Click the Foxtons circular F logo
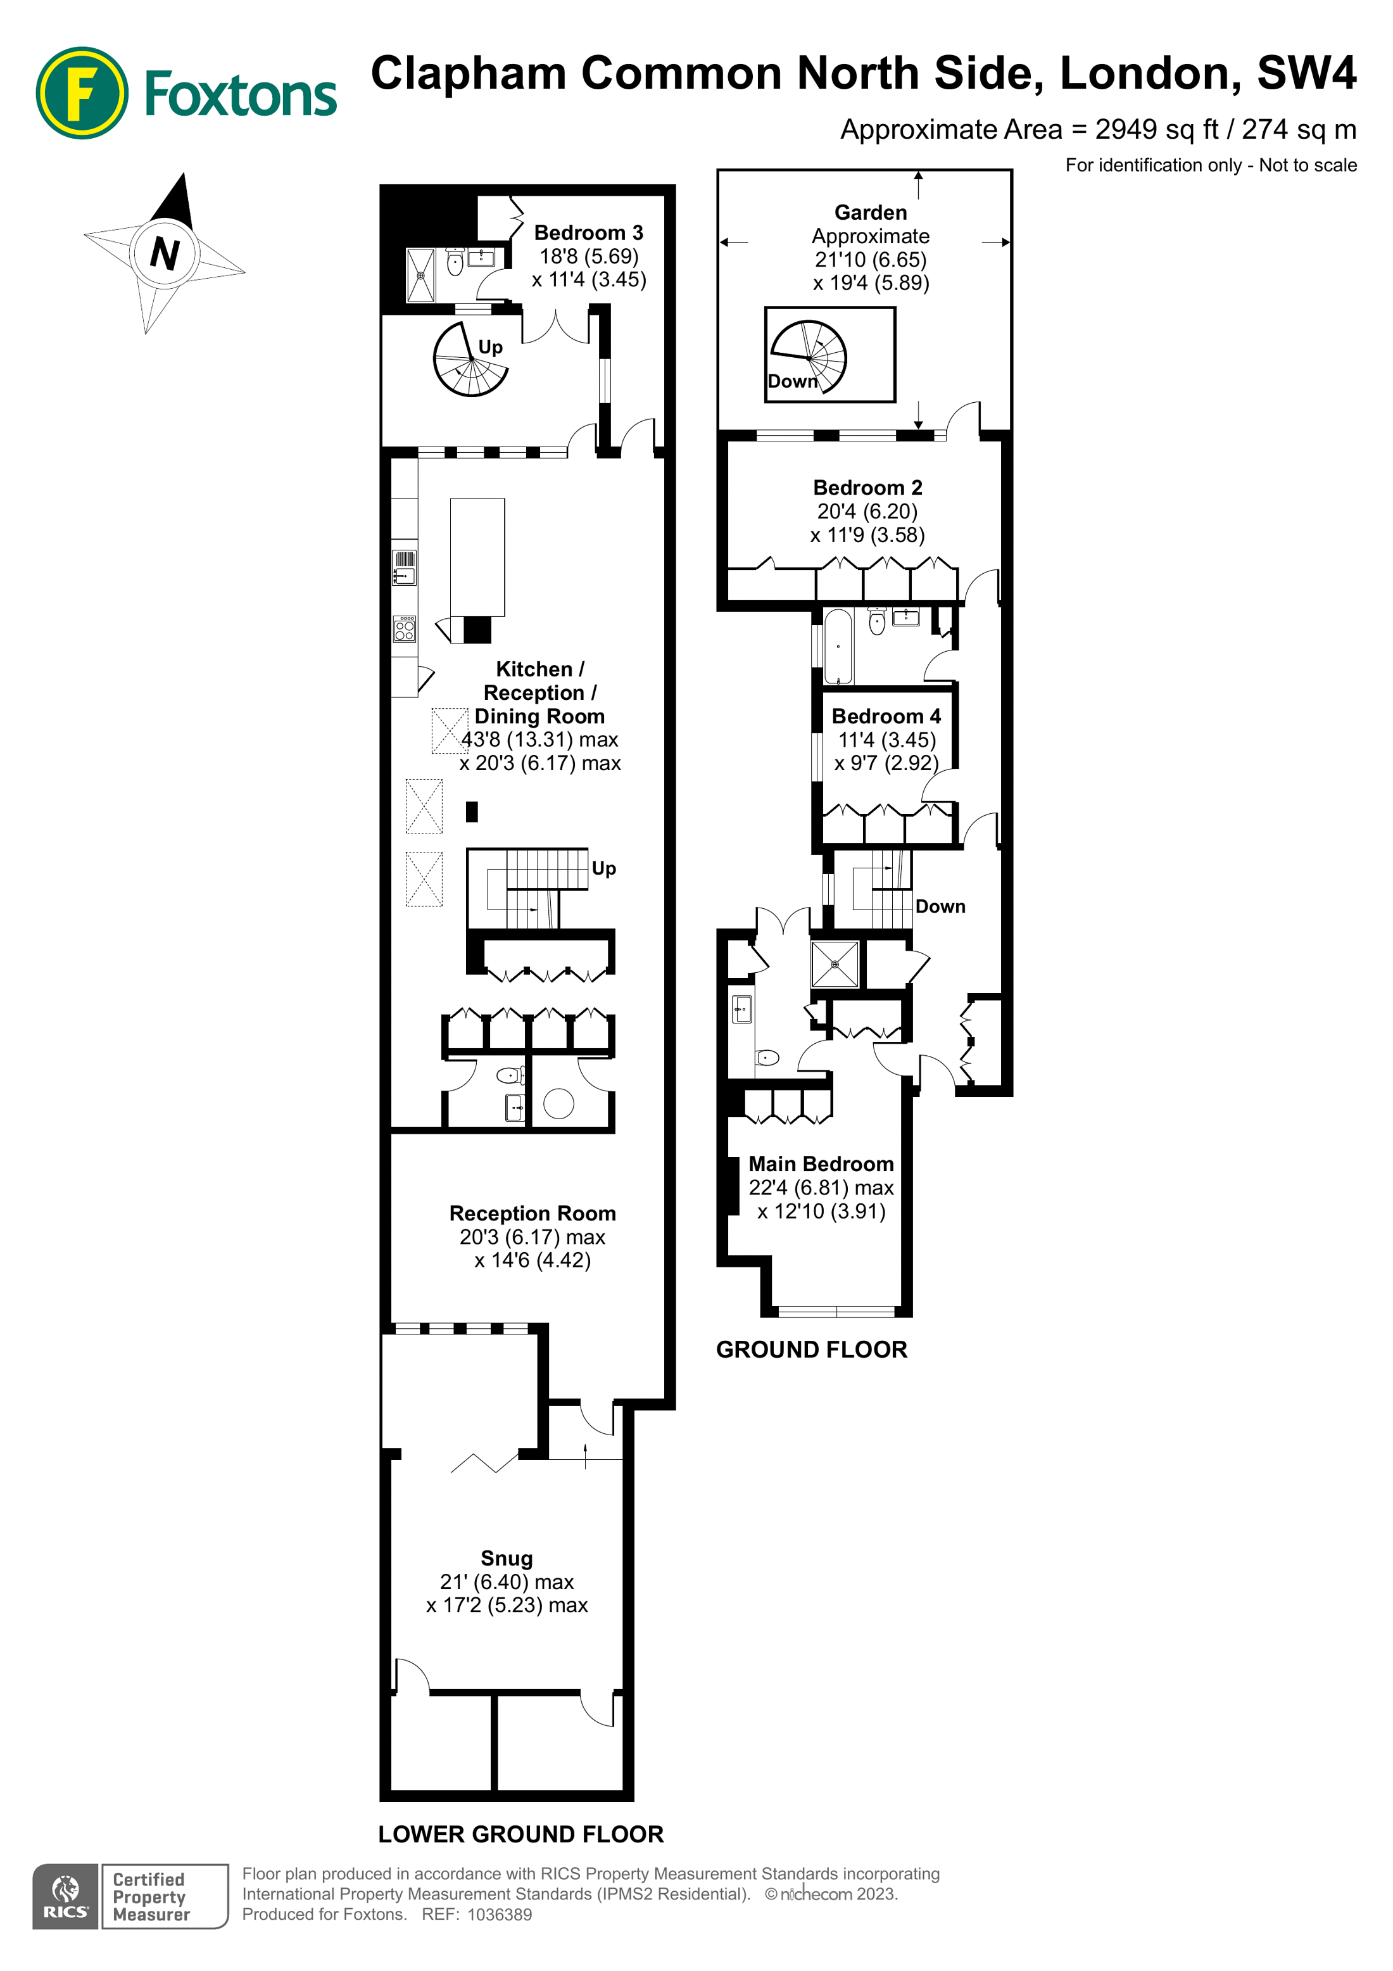[x=82, y=92]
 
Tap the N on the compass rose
[x=165, y=253]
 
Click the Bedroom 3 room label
[x=588, y=232]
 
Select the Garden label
[x=870, y=212]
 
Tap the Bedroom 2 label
[x=867, y=488]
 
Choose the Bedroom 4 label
[x=886, y=716]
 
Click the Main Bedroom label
[x=821, y=1164]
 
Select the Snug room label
[x=507, y=1558]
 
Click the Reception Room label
[x=532, y=1213]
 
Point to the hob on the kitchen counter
[x=404, y=630]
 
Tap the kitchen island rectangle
[x=477, y=557]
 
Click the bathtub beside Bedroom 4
[x=838, y=645]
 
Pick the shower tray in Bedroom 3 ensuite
[x=420, y=275]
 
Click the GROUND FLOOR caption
[x=811, y=1350]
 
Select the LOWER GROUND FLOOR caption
[x=521, y=1834]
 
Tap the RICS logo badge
[x=65, y=1896]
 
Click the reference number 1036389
[x=499, y=1915]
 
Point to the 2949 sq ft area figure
[x=1157, y=130]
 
